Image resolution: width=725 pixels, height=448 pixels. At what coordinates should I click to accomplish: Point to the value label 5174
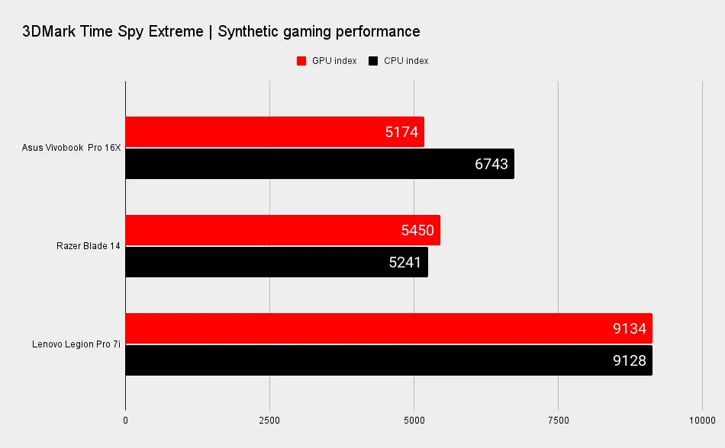pyautogui.click(x=401, y=132)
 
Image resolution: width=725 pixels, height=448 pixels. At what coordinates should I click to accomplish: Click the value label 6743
pyautogui.click(x=491, y=164)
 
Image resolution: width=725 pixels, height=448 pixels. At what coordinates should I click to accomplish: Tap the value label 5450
pyautogui.click(x=417, y=230)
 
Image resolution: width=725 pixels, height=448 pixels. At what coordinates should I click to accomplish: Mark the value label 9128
pyautogui.click(x=630, y=360)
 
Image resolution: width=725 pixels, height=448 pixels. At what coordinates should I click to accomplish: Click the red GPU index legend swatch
pyautogui.click(x=301, y=61)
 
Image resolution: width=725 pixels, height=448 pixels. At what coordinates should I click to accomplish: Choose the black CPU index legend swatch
pyautogui.click(x=373, y=61)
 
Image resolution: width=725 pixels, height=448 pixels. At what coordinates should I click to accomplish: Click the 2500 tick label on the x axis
pyautogui.click(x=269, y=420)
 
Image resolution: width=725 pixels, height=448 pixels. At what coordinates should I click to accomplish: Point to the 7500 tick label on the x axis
pyautogui.click(x=558, y=420)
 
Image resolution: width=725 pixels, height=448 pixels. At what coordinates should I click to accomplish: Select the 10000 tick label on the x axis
pyautogui.click(x=701, y=420)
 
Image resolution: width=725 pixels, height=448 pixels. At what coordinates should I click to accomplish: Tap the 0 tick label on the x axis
pyautogui.click(x=125, y=420)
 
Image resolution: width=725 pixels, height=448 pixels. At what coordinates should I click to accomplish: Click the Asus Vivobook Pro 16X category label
pyautogui.click(x=72, y=148)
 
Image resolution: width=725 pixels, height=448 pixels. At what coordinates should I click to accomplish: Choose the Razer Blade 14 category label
pyautogui.click(x=89, y=246)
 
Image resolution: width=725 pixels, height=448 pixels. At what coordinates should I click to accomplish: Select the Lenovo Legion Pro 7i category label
pyautogui.click(x=76, y=344)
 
